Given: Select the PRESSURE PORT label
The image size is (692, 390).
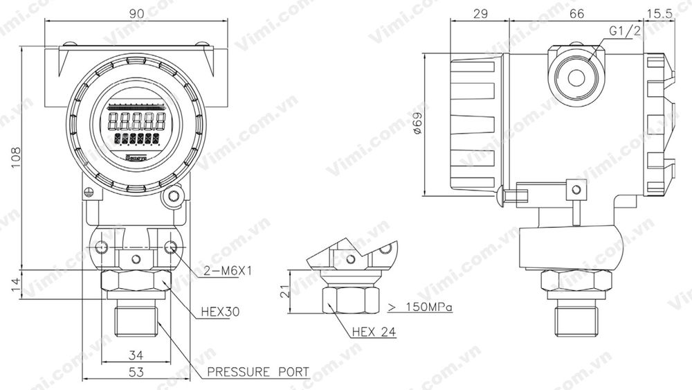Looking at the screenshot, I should (x=257, y=373).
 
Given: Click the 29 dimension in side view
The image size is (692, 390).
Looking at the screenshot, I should (x=480, y=12).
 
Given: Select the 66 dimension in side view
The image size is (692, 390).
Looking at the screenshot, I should (x=576, y=12).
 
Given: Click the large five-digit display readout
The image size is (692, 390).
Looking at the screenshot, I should (x=135, y=122).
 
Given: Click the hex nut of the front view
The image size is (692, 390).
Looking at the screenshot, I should (x=135, y=281).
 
